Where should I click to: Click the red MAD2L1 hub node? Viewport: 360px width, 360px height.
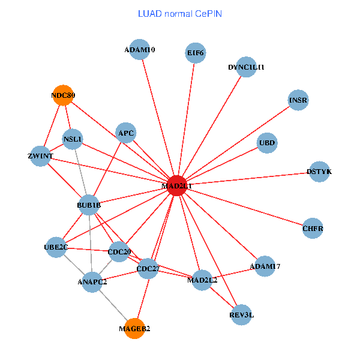pyautogui.click(x=176, y=186)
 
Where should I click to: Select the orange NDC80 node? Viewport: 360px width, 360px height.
pyautogui.click(x=63, y=95)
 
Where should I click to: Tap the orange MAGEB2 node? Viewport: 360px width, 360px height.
pyautogui.click(x=134, y=328)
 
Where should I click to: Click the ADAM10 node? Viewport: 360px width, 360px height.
pyautogui.click(x=140, y=50)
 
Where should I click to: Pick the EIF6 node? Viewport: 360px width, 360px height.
pyautogui.click(x=196, y=53)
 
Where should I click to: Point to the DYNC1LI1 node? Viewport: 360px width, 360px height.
pyautogui.click(x=246, y=67)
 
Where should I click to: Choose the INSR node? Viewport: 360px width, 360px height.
pyautogui.click(x=298, y=100)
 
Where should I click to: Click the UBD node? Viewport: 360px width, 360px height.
pyautogui.click(x=266, y=143)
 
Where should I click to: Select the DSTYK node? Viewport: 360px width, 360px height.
pyautogui.click(x=319, y=172)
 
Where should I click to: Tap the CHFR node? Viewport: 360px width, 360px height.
pyautogui.click(x=313, y=228)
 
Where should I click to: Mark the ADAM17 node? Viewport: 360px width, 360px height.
pyautogui.click(x=265, y=266)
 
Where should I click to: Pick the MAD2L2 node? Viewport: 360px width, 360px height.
pyautogui.click(x=202, y=280)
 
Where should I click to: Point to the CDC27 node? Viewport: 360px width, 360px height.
pyautogui.click(x=148, y=269)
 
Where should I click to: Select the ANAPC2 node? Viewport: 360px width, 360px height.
pyautogui.click(x=92, y=281)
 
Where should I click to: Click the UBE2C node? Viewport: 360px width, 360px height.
pyautogui.click(x=56, y=247)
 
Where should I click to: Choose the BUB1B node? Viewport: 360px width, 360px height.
pyautogui.click(x=89, y=205)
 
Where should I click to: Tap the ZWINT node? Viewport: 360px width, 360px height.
pyautogui.click(x=40, y=156)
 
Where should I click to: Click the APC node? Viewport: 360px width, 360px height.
pyautogui.click(x=126, y=133)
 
